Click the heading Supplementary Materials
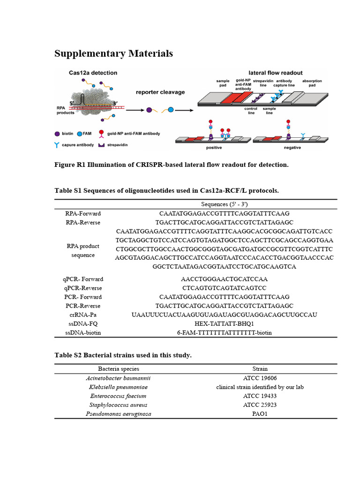pos(113,53)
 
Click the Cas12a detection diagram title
pos(93,73)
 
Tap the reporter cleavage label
pos(160,92)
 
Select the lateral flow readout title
pos(275,73)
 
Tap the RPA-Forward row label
pos(83,214)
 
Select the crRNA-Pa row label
pos(83,315)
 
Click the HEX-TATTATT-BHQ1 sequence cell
pos(224,324)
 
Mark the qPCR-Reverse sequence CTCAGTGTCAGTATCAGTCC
pos(224,288)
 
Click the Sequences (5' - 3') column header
pos(224,204)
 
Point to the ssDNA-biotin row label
pos(83,333)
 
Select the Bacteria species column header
pos(118,369)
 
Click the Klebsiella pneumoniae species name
pos(118,387)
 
